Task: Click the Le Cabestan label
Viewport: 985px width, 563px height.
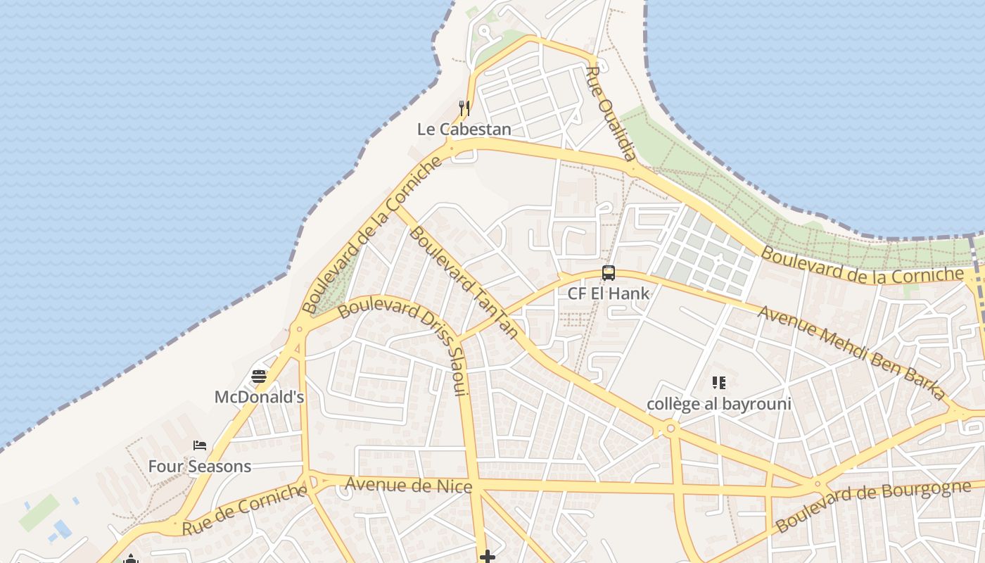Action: pyautogui.click(x=464, y=129)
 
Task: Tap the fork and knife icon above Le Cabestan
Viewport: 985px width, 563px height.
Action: pyautogui.click(x=464, y=108)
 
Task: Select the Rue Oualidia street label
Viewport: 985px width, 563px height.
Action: pyautogui.click(x=611, y=113)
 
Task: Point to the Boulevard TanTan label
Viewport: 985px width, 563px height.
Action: pyautogui.click(x=463, y=281)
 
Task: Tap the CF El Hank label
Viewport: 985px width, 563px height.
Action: pyautogui.click(x=608, y=293)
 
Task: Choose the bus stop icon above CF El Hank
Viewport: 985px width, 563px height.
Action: pyautogui.click(x=609, y=273)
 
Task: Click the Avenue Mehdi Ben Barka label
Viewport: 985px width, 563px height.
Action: pyautogui.click(x=851, y=352)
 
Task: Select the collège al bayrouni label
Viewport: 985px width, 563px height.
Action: pyautogui.click(x=719, y=404)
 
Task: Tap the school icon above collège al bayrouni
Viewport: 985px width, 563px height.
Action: pyautogui.click(x=718, y=383)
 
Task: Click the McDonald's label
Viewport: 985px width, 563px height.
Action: pyautogui.click(x=259, y=397)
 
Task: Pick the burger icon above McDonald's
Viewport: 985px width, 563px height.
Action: pyautogui.click(x=259, y=377)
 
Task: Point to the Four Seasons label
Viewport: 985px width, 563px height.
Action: pyautogui.click(x=199, y=466)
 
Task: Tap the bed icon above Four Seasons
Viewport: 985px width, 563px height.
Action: pyautogui.click(x=200, y=445)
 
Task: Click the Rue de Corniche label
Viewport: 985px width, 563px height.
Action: pyautogui.click(x=244, y=509)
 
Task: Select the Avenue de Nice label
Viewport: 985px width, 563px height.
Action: pyautogui.click(x=408, y=485)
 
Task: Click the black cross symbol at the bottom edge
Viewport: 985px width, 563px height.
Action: pyautogui.click(x=487, y=557)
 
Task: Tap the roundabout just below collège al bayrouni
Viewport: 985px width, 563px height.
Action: pyautogui.click(x=671, y=428)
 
